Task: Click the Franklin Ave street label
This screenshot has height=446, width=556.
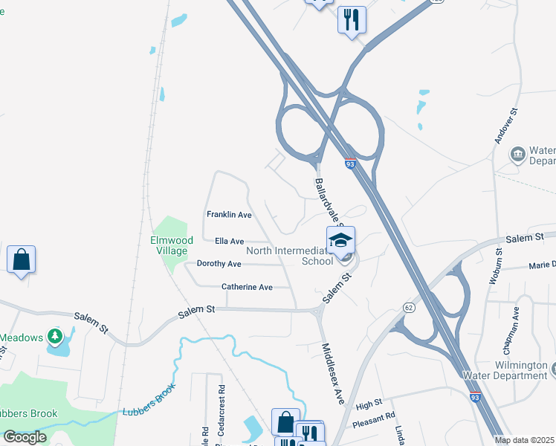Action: coord(230,214)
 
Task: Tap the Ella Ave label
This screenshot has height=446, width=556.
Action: coord(229,242)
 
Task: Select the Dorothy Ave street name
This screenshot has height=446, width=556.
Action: coord(219,264)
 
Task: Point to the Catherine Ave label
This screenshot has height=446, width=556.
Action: coord(247,287)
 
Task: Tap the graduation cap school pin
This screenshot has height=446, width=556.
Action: coord(340,240)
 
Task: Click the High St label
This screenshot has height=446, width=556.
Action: coord(368,405)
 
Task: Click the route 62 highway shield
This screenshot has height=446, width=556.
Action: coord(409,306)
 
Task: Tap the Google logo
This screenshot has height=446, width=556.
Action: coord(25,437)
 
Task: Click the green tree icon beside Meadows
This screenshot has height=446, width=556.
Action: coord(54,337)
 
